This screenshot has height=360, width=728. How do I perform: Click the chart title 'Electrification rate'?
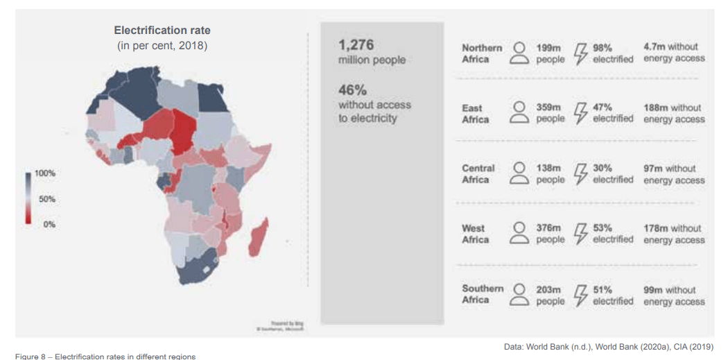coord(162,31)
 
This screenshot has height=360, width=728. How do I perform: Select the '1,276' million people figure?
coord(356,45)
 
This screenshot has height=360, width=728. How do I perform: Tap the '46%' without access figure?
coord(352,90)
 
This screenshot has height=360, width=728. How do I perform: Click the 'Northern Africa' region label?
coord(482,53)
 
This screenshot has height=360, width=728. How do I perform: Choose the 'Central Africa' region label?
coord(478,174)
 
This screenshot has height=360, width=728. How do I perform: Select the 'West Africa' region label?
coord(475,234)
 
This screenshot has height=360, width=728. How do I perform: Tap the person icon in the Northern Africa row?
coord(519,53)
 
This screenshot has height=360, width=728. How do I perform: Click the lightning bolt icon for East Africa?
coord(581,114)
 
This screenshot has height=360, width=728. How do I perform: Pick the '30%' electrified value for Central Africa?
coord(603,168)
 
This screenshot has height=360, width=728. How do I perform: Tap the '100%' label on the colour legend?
coord(45,173)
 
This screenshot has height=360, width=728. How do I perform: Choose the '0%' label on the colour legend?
coord(49,225)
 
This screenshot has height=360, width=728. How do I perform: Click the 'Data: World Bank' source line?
coord(607,347)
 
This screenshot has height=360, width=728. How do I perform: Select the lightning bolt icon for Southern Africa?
coord(581,295)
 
